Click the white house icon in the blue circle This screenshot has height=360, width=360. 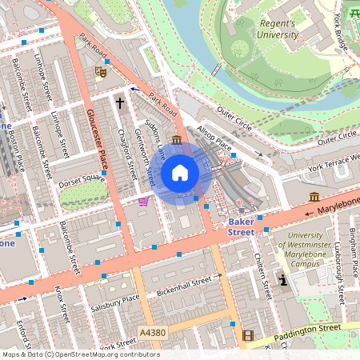coord(180,173)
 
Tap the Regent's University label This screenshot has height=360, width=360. coord(277,29)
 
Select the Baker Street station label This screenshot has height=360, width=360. coord(241,226)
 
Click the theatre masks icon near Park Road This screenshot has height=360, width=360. coord(101,71)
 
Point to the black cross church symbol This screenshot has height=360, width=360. coord(120,103)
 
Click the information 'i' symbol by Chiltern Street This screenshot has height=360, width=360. coord(282,280)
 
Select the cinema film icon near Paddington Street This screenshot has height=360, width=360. coord(248,336)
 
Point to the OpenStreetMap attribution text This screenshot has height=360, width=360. coord(81,354)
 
